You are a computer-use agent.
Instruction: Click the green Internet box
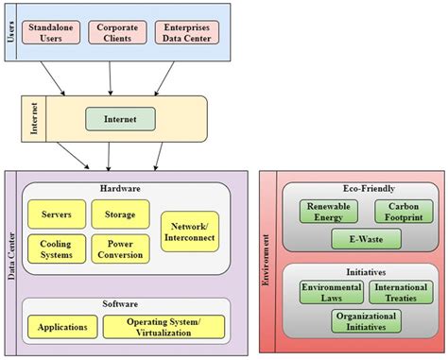(x=119, y=120)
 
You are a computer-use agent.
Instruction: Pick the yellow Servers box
(x=56, y=214)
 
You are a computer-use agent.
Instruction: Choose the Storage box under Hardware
(x=119, y=214)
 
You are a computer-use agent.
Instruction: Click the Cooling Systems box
(x=56, y=249)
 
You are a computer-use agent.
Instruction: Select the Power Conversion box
(x=119, y=249)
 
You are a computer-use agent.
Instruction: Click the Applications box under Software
(x=61, y=327)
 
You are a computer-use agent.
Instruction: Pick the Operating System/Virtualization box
(x=164, y=327)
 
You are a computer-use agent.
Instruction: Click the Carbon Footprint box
(x=402, y=213)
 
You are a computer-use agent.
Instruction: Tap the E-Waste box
(x=365, y=240)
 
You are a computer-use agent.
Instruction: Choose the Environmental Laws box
(x=330, y=292)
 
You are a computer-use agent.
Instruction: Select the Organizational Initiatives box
(x=365, y=322)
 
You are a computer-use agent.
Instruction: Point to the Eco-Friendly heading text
(x=364, y=188)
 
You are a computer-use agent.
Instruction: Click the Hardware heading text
(x=120, y=189)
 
